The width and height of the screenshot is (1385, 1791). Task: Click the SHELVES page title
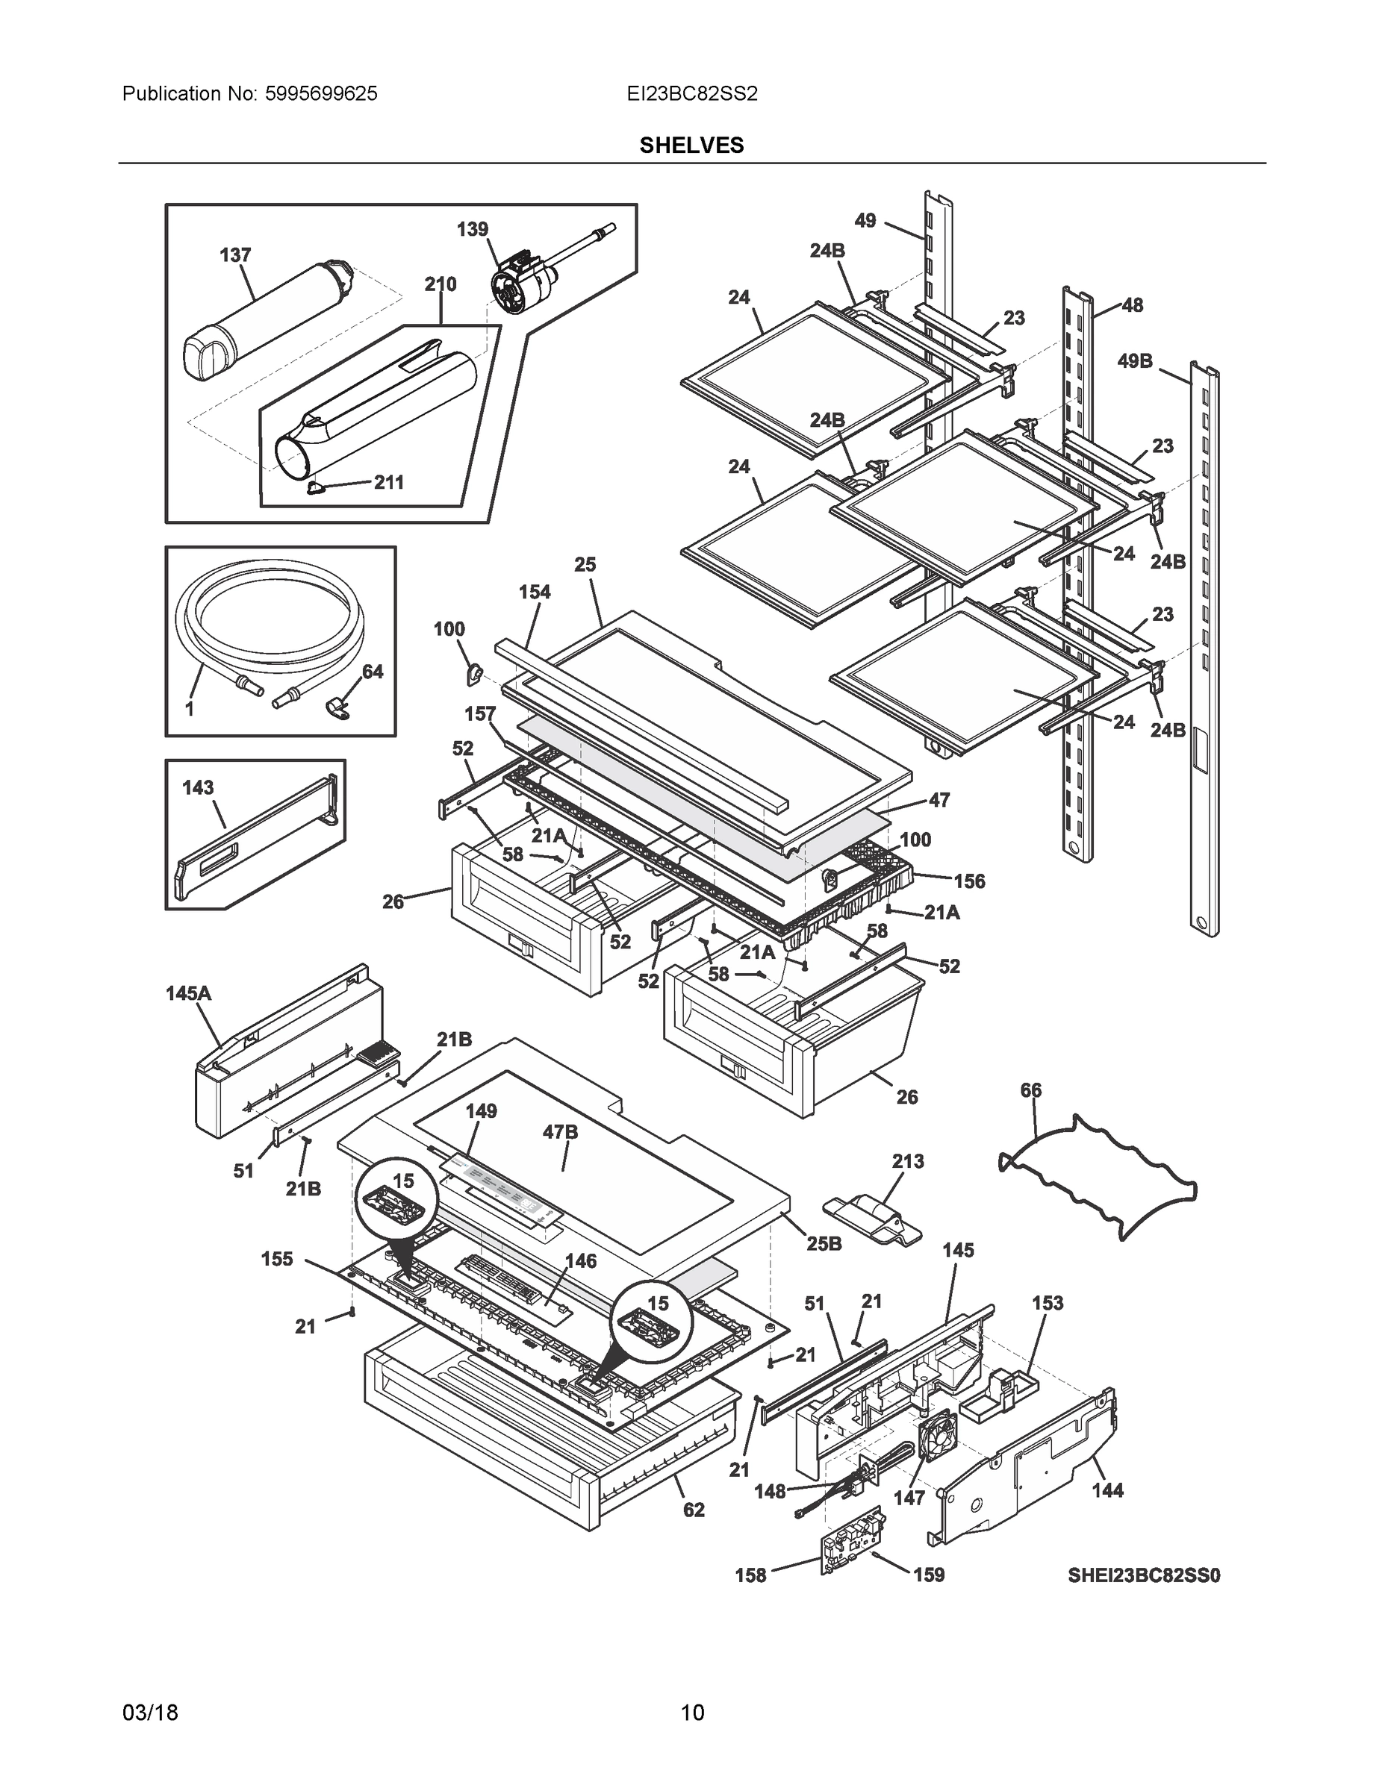(x=691, y=146)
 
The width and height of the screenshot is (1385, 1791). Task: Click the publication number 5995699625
(x=321, y=94)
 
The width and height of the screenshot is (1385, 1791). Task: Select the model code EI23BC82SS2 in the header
(x=691, y=94)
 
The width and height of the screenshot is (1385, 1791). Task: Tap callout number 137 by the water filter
(x=234, y=256)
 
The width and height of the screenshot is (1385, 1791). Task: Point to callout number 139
(x=473, y=230)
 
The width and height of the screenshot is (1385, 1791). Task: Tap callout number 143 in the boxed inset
(x=198, y=788)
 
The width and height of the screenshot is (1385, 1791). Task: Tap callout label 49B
(x=1134, y=361)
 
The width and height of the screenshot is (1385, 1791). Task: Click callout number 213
(x=907, y=1162)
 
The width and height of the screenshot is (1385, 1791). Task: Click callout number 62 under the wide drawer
(x=694, y=1510)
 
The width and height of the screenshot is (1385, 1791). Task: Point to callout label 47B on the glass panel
(x=561, y=1133)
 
